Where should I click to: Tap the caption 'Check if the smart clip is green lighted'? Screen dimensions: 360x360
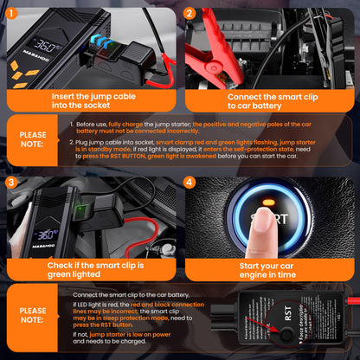[90, 270]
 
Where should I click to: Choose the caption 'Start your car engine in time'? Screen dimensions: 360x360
[270, 270]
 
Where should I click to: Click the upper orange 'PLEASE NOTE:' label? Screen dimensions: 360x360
[34, 140]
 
